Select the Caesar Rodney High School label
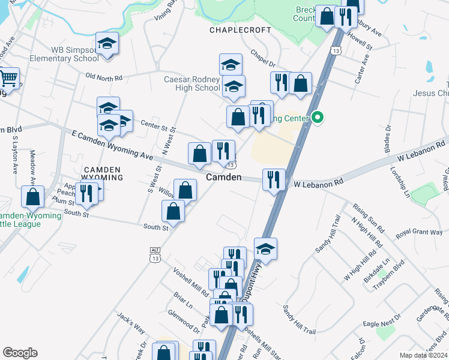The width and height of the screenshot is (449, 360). coord(192,83)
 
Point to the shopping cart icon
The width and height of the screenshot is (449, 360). coord(9,78)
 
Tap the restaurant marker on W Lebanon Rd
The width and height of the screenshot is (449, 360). coord(274,179)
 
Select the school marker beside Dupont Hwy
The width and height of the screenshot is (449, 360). coord(265,247)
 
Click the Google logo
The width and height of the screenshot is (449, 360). coord(20,353)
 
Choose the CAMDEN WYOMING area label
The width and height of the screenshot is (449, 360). coord(103,173)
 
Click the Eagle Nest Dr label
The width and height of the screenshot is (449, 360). coord(382,324)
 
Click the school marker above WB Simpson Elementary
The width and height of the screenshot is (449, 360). coord(107,43)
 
